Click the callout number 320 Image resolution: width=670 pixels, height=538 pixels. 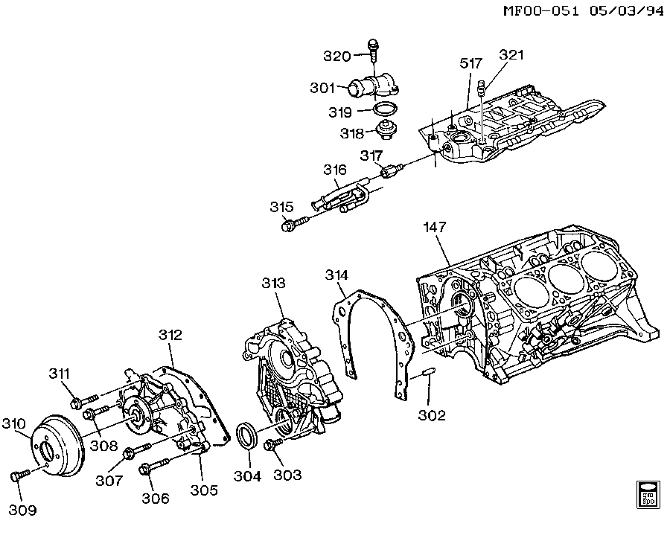click(x=336, y=56)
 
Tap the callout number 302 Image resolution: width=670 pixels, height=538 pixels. click(x=432, y=414)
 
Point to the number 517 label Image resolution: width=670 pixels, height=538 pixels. click(x=471, y=65)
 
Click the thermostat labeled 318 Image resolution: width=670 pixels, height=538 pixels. click(x=386, y=132)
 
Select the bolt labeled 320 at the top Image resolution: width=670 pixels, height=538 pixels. click(x=371, y=49)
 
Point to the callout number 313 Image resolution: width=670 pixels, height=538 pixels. click(x=274, y=285)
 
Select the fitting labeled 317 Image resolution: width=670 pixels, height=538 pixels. click(x=389, y=173)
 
